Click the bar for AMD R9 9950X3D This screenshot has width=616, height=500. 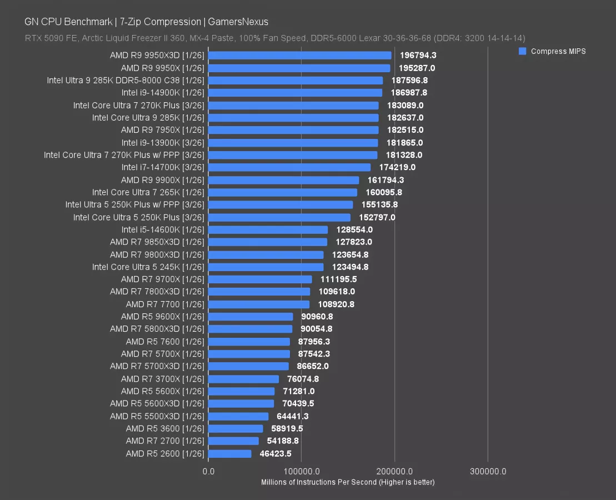tap(300, 56)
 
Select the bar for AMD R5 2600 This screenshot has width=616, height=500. tap(230, 454)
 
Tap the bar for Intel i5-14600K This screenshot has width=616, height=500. tap(268, 229)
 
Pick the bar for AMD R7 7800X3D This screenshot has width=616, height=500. tap(259, 292)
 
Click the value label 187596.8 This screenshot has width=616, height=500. tap(409, 81)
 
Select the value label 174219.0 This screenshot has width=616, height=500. tap(397, 167)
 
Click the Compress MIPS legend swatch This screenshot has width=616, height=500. tap(522, 51)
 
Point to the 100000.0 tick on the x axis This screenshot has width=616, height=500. tap(302, 472)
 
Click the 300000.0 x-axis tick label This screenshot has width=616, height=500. tap(488, 472)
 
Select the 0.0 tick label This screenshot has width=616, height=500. tap(209, 472)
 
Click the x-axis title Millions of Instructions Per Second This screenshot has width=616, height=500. tap(348, 482)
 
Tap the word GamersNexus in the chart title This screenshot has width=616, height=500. tap(238, 22)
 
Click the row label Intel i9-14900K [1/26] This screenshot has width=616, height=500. tap(163, 93)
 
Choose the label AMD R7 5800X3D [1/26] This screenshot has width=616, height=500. tap(157, 329)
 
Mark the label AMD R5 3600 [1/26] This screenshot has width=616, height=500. tap(165, 428)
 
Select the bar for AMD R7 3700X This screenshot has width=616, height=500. tap(244, 379)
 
